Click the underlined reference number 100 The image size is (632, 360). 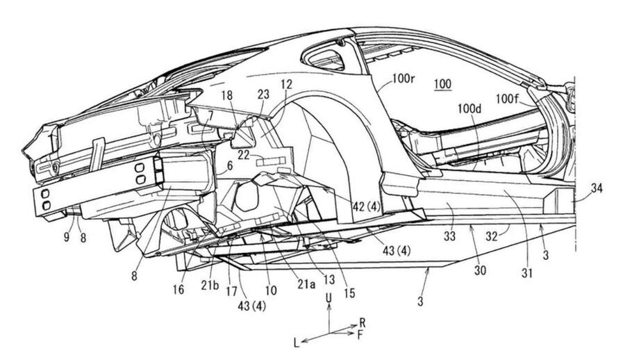pos(442,85)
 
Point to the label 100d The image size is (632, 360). pos(472,109)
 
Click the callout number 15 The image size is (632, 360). pos(348,293)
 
